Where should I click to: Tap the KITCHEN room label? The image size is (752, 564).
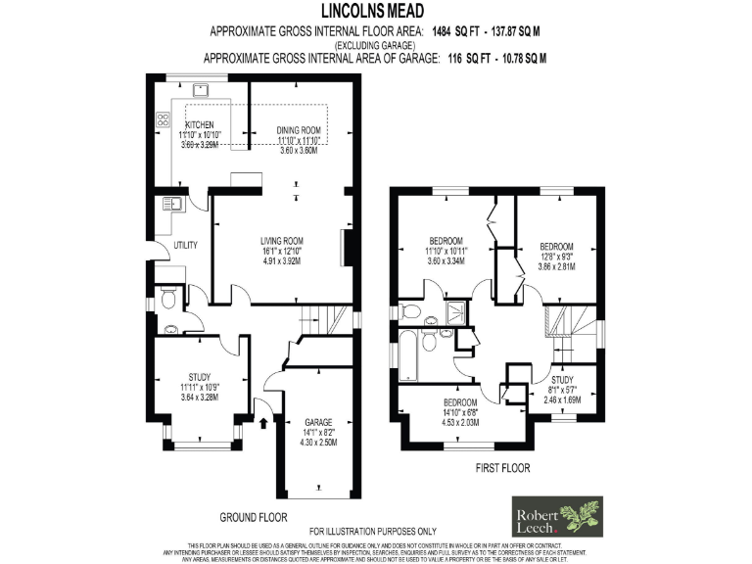200,124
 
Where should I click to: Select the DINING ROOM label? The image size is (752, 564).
299,130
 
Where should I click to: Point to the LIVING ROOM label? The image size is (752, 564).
281,240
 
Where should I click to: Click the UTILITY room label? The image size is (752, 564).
186,245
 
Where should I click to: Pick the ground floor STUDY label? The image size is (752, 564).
200,376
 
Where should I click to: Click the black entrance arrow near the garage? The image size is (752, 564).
264,424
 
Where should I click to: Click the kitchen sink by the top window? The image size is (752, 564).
201,90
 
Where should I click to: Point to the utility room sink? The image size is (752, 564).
171,205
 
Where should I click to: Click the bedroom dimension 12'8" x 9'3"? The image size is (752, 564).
556,257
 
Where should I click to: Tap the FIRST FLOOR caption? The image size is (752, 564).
501,468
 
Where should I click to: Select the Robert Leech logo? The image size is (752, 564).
559,516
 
